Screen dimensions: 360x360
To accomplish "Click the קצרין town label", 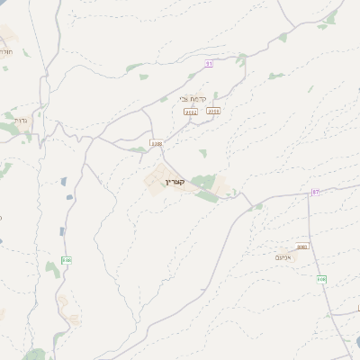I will [x=175, y=182].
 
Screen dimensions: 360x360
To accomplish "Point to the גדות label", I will [x=22, y=118].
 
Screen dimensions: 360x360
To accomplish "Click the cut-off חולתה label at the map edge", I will [x=4, y=53].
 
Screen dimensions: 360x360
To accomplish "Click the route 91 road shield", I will [x=209, y=63].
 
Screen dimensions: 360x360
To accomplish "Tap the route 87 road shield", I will [x=316, y=192].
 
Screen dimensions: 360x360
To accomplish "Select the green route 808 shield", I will [x=321, y=279].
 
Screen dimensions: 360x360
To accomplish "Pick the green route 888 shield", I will [x=67, y=260].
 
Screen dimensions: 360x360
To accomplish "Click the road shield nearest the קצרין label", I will [x=157, y=142].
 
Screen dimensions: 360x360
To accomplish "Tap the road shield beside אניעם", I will [x=302, y=247].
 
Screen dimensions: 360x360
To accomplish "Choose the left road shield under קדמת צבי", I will [x=190, y=112].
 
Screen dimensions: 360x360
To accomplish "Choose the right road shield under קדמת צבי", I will [x=213, y=111].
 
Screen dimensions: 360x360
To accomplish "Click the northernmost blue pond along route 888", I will [x=67, y=182].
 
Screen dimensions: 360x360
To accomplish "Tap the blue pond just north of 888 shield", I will [x=62, y=231].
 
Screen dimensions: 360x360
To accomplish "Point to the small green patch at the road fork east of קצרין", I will [x=257, y=207].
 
